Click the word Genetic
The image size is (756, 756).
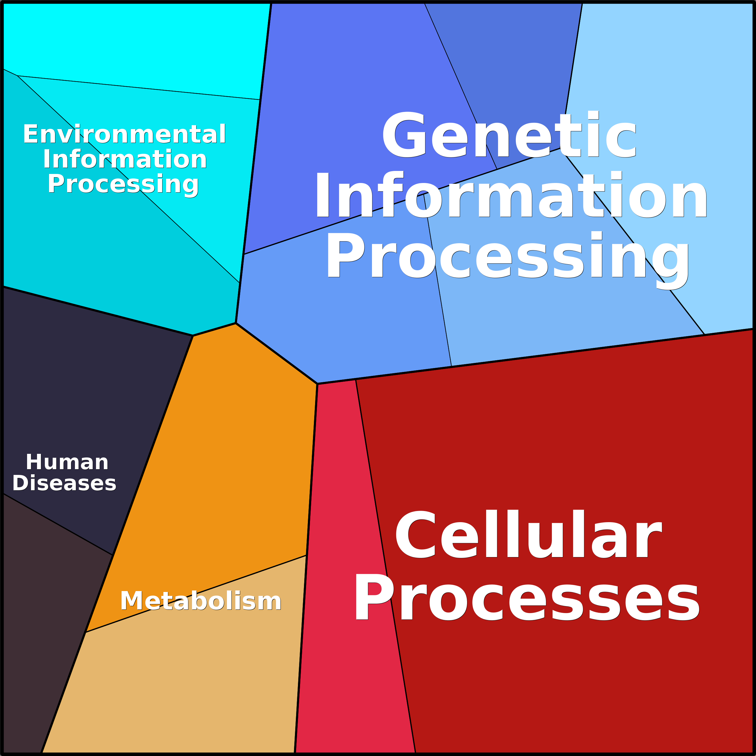click(510, 135)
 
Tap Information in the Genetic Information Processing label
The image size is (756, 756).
click(511, 195)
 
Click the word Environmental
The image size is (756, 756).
click(124, 134)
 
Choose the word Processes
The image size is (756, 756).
click(527, 597)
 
